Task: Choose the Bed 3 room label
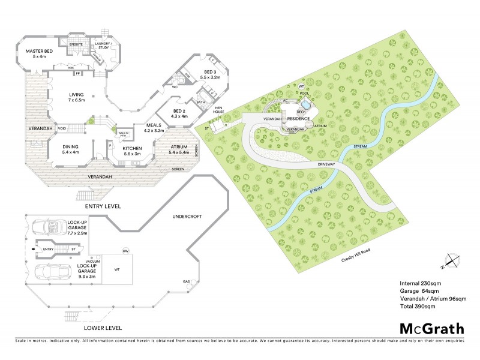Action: coord(211,74)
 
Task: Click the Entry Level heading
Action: coord(103,206)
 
